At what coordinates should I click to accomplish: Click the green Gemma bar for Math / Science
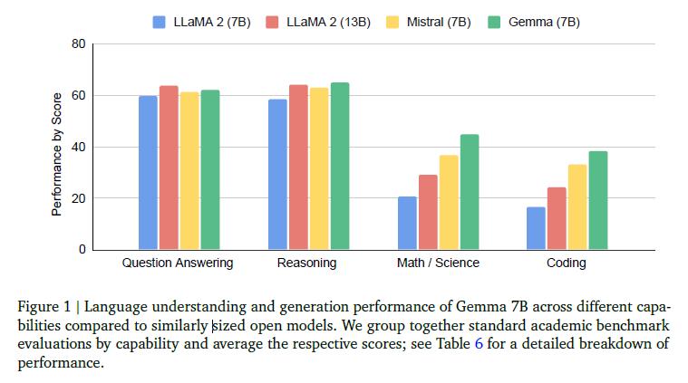pos(470,192)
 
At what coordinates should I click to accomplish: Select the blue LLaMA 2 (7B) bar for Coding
pos(536,228)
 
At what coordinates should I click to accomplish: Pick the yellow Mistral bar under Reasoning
pos(319,168)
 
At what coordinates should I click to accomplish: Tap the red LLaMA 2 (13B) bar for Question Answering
pos(169,168)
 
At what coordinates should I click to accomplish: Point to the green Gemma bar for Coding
pos(598,200)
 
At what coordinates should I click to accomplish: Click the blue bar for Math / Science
pos(407,223)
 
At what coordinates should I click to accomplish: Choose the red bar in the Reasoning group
pos(298,168)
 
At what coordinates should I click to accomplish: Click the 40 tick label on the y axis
pos(78,147)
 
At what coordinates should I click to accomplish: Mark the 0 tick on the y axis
pos(82,249)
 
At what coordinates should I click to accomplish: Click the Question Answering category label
pos(178,263)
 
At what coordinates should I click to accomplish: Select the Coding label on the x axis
pos(567,263)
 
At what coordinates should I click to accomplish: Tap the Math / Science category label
pos(438,263)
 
